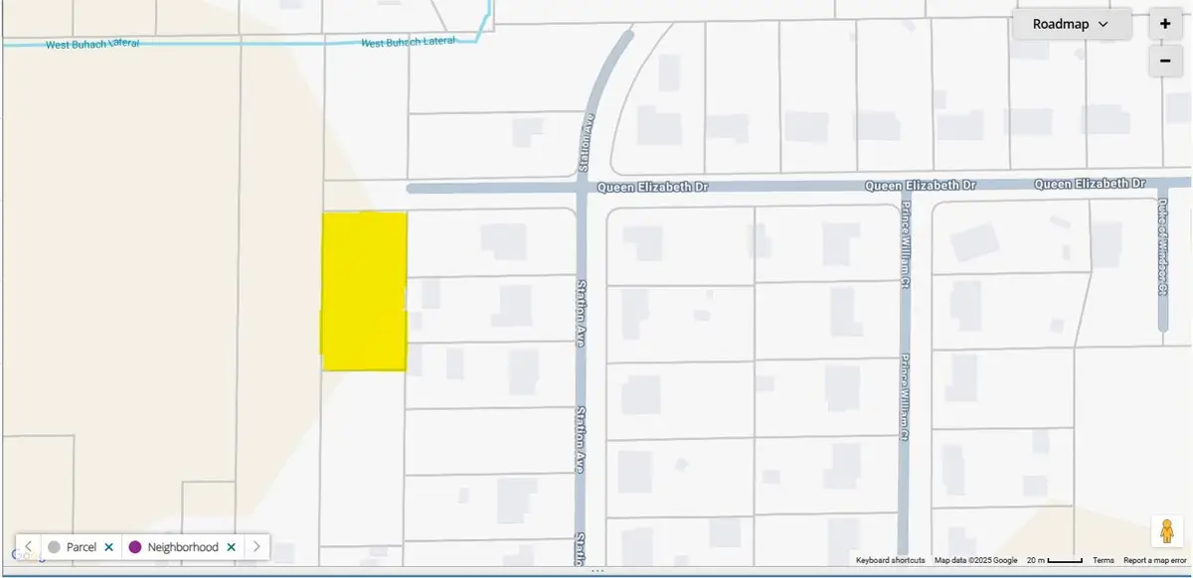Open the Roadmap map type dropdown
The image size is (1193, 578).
click(x=1071, y=24)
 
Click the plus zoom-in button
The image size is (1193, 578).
click(x=1165, y=24)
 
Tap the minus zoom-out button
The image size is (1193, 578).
click(x=1165, y=61)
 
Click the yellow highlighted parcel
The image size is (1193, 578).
click(x=364, y=291)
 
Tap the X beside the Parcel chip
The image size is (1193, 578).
click(x=107, y=547)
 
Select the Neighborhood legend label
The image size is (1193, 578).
click(x=183, y=547)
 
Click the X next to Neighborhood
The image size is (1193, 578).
click(x=231, y=547)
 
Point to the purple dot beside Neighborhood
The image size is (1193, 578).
click(x=135, y=547)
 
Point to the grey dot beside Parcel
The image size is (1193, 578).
click(x=54, y=547)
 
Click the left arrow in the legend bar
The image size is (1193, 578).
click(x=29, y=547)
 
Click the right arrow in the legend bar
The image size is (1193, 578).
click(x=256, y=547)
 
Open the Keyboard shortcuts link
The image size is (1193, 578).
click(x=890, y=561)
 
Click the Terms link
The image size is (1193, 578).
click(x=1103, y=561)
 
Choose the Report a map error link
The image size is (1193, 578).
click(x=1155, y=561)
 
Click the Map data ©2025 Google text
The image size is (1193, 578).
click(x=975, y=561)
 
